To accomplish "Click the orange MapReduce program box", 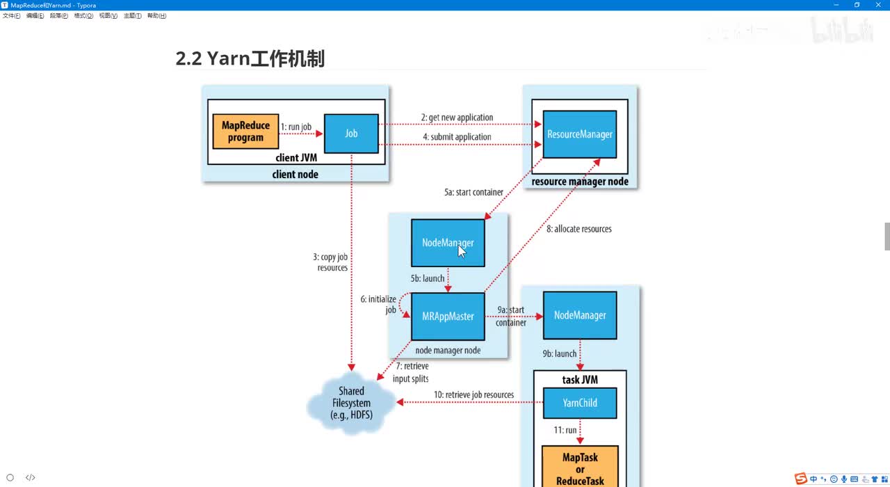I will pyautogui.click(x=245, y=131).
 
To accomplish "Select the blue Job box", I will pyautogui.click(x=351, y=133).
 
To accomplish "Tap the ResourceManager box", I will pyautogui.click(x=580, y=134).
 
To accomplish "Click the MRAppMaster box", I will pyautogui.click(x=448, y=317).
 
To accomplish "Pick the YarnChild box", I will pyautogui.click(x=580, y=403).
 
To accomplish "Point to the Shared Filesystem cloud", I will pyautogui.click(x=351, y=403).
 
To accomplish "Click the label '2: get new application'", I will pyautogui.click(x=457, y=118).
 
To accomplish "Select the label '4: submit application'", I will pyautogui.click(x=456, y=137).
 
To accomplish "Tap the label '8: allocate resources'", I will pyautogui.click(x=578, y=229).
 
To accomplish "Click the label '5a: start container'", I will pyautogui.click(x=474, y=193).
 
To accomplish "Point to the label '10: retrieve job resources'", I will pyautogui.click(x=474, y=395).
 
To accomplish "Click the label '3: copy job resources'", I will pyautogui.click(x=332, y=262).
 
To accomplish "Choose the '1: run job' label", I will pyautogui.click(x=296, y=127).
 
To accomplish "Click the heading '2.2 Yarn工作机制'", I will pyautogui.click(x=250, y=59).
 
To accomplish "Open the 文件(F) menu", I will pyautogui.click(x=12, y=16).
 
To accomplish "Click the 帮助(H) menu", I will pyautogui.click(x=156, y=16).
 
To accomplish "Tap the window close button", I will pyautogui.click(x=877, y=5).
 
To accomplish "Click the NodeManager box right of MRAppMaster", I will pyautogui.click(x=580, y=316).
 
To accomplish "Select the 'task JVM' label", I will pyautogui.click(x=580, y=380).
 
